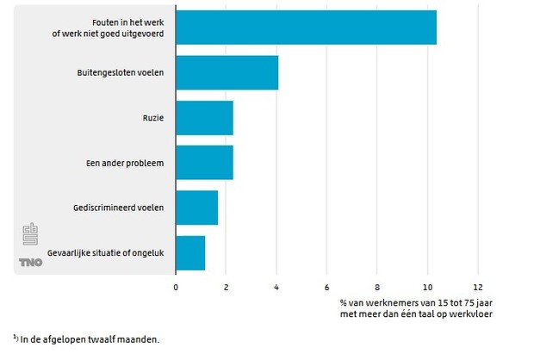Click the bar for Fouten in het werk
306,28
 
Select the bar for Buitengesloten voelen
227,72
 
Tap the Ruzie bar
204,117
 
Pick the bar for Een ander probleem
204,162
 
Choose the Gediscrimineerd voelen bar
196,207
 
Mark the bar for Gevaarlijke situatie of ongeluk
190,251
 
